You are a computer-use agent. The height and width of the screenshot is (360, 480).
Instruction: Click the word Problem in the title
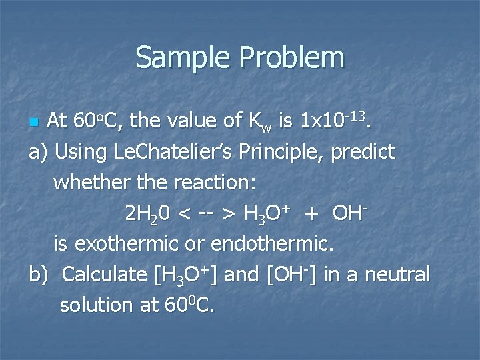(288, 58)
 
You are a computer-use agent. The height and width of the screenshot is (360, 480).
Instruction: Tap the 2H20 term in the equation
(147, 213)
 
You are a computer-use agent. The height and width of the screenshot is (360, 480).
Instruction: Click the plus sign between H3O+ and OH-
(310, 214)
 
